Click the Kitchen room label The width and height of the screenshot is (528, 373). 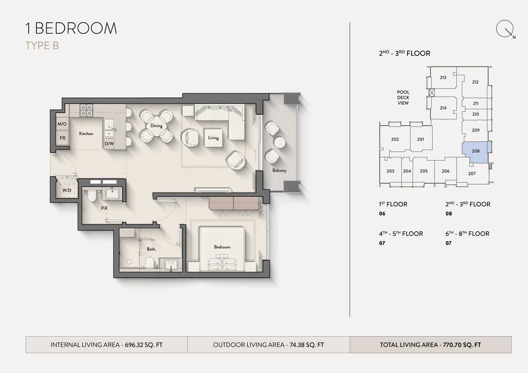click(x=86, y=134)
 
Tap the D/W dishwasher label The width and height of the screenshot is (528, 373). click(x=109, y=143)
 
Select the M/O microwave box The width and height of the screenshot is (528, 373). click(x=62, y=123)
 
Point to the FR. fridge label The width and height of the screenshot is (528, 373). click(x=63, y=138)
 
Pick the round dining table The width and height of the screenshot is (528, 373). click(x=156, y=126)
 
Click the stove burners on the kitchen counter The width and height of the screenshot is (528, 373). click(x=86, y=110)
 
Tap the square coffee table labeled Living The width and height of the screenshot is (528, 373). click(x=213, y=138)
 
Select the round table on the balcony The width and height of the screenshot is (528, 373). click(x=280, y=142)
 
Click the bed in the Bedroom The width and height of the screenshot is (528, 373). click(x=222, y=249)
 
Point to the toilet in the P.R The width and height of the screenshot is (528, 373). click(x=92, y=196)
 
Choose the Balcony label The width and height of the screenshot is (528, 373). click(x=279, y=170)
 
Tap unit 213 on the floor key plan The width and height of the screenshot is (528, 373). click(x=443, y=78)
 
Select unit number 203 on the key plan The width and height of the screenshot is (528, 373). click(x=390, y=171)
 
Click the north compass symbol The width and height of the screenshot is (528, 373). click(x=505, y=29)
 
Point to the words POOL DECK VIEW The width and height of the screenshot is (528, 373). click(x=403, y=97)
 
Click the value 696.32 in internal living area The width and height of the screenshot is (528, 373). click(x=134, y=345)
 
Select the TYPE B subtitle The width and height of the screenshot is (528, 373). click(x=42, y=46)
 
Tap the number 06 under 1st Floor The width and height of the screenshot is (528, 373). click(x=382, y=214)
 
